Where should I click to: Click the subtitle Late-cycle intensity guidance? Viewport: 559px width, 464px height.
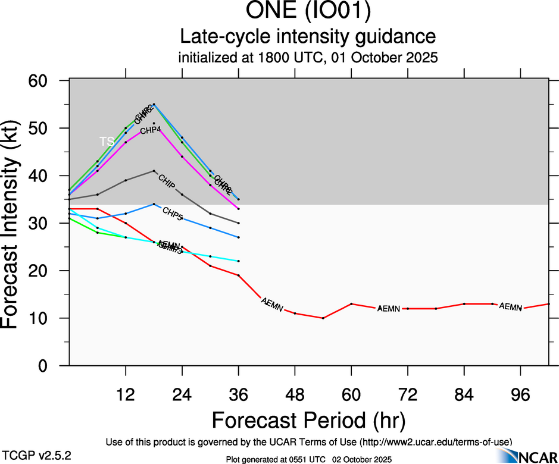click(x=308, y=37)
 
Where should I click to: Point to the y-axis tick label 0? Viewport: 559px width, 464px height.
click(x=55, y=366)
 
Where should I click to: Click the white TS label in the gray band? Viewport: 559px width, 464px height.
click(x=107, y=142)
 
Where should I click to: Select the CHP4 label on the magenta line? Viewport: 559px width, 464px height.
click(x=151, y=130)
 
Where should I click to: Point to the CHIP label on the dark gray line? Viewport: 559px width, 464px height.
click(x=167, y=181)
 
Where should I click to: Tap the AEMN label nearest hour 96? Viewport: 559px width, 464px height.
click(x=510, y=307)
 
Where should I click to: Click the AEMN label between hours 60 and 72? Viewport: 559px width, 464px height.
click(x=388, y=308)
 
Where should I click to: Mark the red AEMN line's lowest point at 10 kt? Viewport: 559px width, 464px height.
click(x=323, y=318)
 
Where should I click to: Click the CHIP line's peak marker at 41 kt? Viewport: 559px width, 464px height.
click(x=154, y=171)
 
